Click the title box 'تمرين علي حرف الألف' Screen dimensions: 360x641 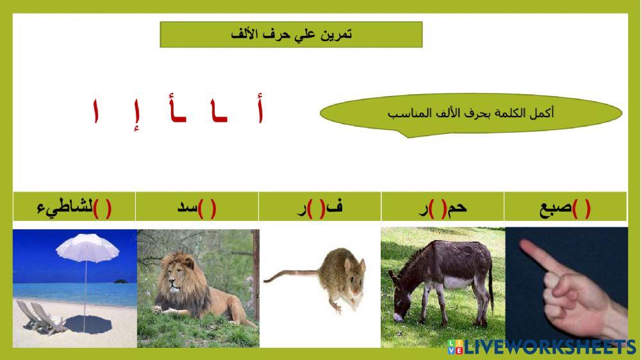291,35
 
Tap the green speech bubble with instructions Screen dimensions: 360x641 470,113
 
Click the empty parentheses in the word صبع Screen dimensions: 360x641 582,208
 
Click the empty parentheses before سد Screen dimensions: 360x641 207,208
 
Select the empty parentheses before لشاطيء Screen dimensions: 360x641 103,208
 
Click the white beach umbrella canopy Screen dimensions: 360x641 84,249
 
